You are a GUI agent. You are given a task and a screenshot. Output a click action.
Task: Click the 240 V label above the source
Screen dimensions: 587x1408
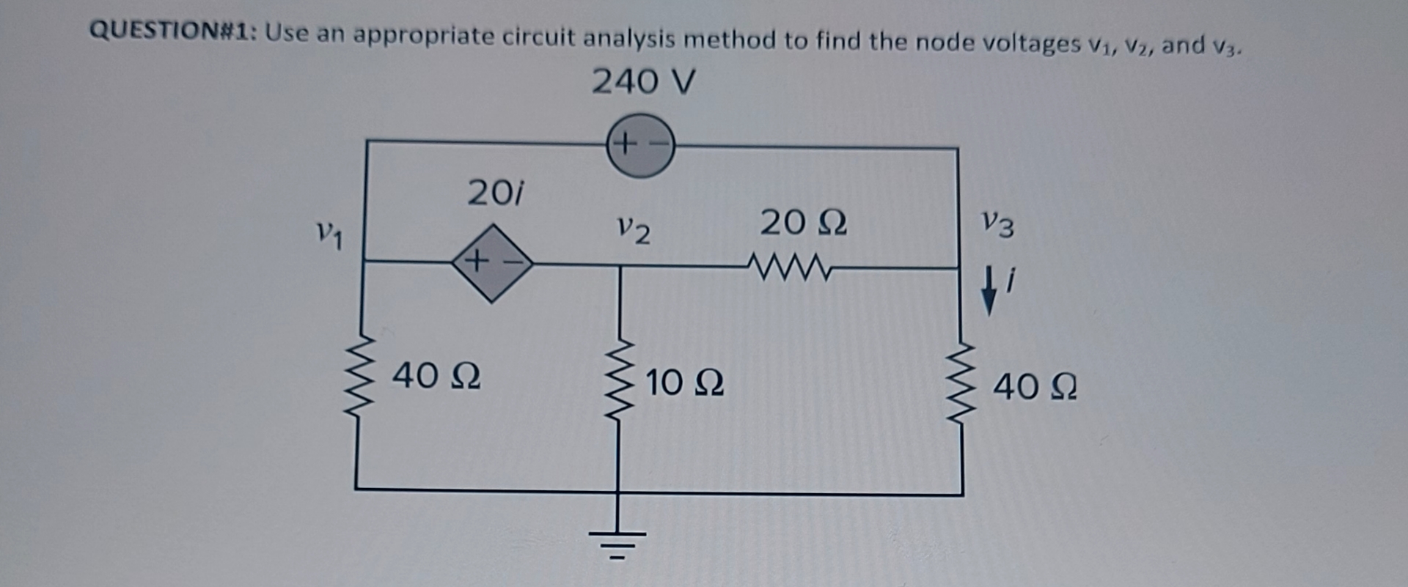tap(642, 81)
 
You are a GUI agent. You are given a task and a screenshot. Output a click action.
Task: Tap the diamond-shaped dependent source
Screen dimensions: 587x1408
tap(491, 262)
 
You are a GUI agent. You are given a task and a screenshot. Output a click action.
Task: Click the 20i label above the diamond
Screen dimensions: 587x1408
tap(496, 193)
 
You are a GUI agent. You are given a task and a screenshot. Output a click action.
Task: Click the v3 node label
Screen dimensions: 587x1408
tap(998, 224)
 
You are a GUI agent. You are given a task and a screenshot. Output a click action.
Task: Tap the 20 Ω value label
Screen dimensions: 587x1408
tap(803, 222)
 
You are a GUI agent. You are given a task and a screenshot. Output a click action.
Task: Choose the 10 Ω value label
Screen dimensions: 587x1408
tap(684, 383)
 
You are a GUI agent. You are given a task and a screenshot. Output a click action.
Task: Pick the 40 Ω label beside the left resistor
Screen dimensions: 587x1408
tap(436, 376)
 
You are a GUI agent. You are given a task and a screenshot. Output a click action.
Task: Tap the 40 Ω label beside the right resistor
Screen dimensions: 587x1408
tap(1035, 386)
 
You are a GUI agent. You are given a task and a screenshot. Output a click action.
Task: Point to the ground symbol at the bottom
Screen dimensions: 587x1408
tap(618, 541)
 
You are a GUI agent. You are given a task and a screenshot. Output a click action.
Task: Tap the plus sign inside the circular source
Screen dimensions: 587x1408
tap(623, 143)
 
